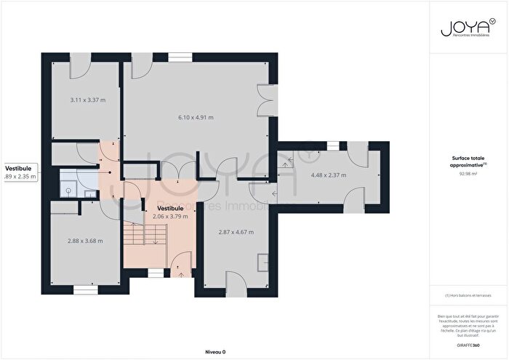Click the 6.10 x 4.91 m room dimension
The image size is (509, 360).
(196, 117)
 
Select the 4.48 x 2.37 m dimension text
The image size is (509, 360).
(329, 175)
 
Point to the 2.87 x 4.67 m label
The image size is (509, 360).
(236, 232)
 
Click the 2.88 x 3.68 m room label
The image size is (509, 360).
(85, 241)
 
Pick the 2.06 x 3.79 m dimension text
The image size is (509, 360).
(170, 216)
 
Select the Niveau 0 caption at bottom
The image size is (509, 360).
(215, 351)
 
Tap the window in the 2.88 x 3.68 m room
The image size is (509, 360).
(84, 289)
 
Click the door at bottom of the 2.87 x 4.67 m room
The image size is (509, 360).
(235, 281)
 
